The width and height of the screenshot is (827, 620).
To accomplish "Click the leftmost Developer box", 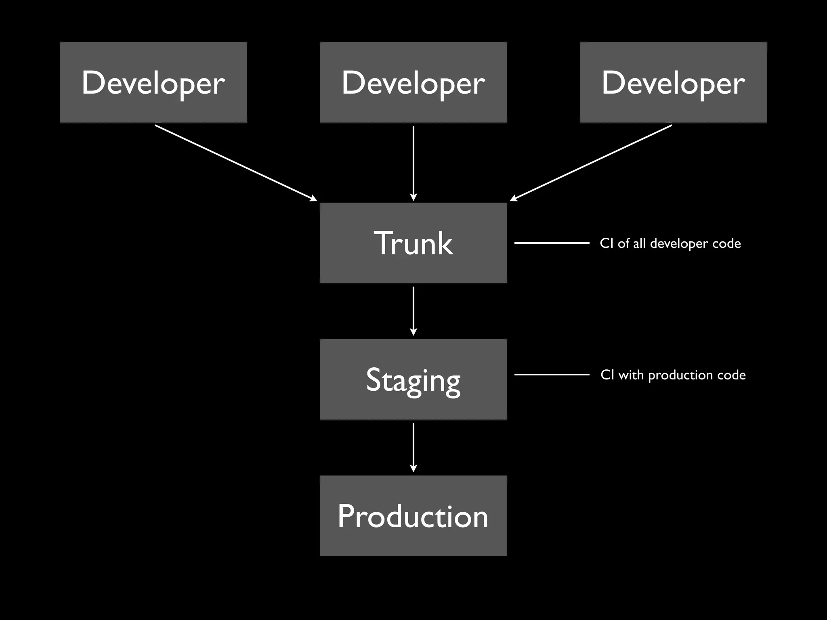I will coord(153,82).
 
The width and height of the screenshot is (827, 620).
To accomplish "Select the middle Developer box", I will coord(413,82).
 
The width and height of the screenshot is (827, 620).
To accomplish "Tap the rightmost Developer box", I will coord(673,82).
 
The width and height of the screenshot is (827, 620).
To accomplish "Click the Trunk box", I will coord(413,243).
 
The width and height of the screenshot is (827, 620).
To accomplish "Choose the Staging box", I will coord(413,379).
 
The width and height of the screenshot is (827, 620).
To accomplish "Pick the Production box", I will coord(413,516).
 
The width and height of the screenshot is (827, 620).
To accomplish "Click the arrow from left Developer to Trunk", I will coord(236,163).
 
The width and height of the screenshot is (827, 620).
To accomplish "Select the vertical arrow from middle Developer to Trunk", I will coord(413,163).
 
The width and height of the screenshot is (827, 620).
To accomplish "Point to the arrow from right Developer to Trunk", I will coord(591,163).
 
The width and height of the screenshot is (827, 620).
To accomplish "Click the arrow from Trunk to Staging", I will coord(413,311).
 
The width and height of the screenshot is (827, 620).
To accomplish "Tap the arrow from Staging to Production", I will coord(413,447).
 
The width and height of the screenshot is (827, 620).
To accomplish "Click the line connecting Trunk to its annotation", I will coord(552,243).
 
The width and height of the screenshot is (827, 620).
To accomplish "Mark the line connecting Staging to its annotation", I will coord(552,375).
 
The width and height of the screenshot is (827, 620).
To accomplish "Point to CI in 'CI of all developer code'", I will coord(607,243).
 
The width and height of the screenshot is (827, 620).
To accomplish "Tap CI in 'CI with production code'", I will coord(607,375).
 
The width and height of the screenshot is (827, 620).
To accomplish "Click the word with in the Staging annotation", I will coord(631,375).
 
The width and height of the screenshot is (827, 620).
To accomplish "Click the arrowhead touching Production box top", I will coord(413,469).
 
